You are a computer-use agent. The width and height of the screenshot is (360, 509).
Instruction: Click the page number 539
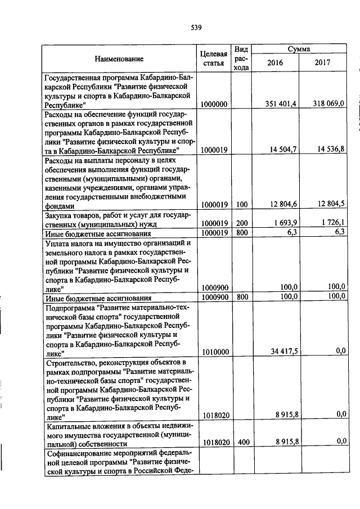196,27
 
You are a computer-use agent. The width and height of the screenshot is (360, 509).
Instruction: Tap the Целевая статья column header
213,58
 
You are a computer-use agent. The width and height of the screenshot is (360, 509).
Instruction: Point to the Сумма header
299,49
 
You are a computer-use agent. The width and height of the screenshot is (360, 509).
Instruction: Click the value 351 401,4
276,104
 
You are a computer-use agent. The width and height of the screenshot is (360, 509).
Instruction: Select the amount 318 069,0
326,104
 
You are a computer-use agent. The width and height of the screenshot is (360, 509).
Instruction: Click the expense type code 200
242,224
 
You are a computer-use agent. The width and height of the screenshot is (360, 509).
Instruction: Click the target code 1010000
214,352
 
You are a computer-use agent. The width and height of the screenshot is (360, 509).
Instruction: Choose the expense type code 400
242,443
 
